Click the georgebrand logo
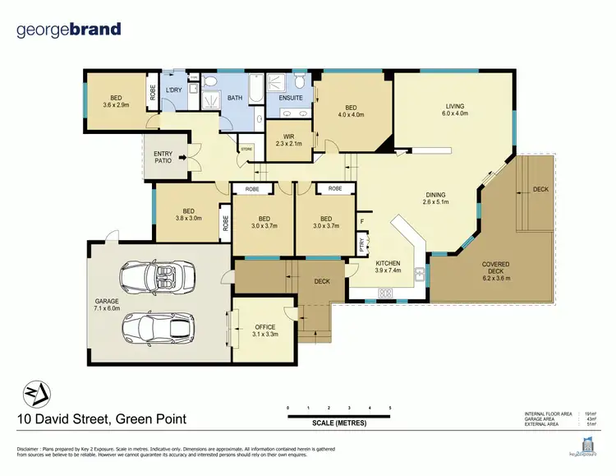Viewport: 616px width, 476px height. click(x=69, y=30)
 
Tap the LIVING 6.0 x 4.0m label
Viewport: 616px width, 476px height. click(x=456, y=109)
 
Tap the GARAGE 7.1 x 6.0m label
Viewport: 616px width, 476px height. click(x=107, y=305)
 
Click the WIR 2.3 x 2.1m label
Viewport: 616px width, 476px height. click(x=287, y=140)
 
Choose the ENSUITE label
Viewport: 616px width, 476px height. click(x=290, y=99)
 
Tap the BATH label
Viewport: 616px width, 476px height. click(x=235, y=99)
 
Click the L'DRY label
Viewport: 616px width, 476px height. click(x=173, y=90)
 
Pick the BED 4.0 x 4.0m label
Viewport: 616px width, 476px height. click(x=351, y=112)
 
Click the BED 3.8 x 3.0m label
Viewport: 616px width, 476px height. click(x=188, y=215)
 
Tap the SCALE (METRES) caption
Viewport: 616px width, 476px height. click(x=339, y=423)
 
